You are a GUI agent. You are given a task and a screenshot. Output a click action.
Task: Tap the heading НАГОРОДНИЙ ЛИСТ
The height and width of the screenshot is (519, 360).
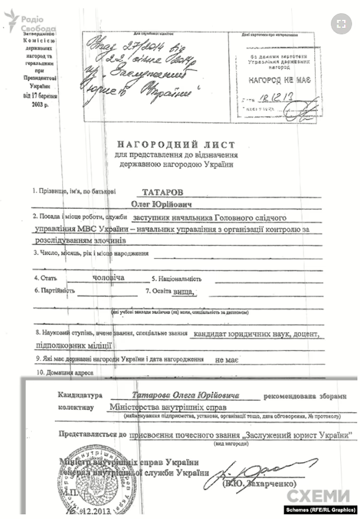(x=175, y=144)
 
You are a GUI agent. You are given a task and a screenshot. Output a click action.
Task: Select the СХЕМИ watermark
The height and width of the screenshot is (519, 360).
(x=319, y=496)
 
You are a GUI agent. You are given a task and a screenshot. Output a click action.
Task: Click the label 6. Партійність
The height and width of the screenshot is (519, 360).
(x=55, y=290)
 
